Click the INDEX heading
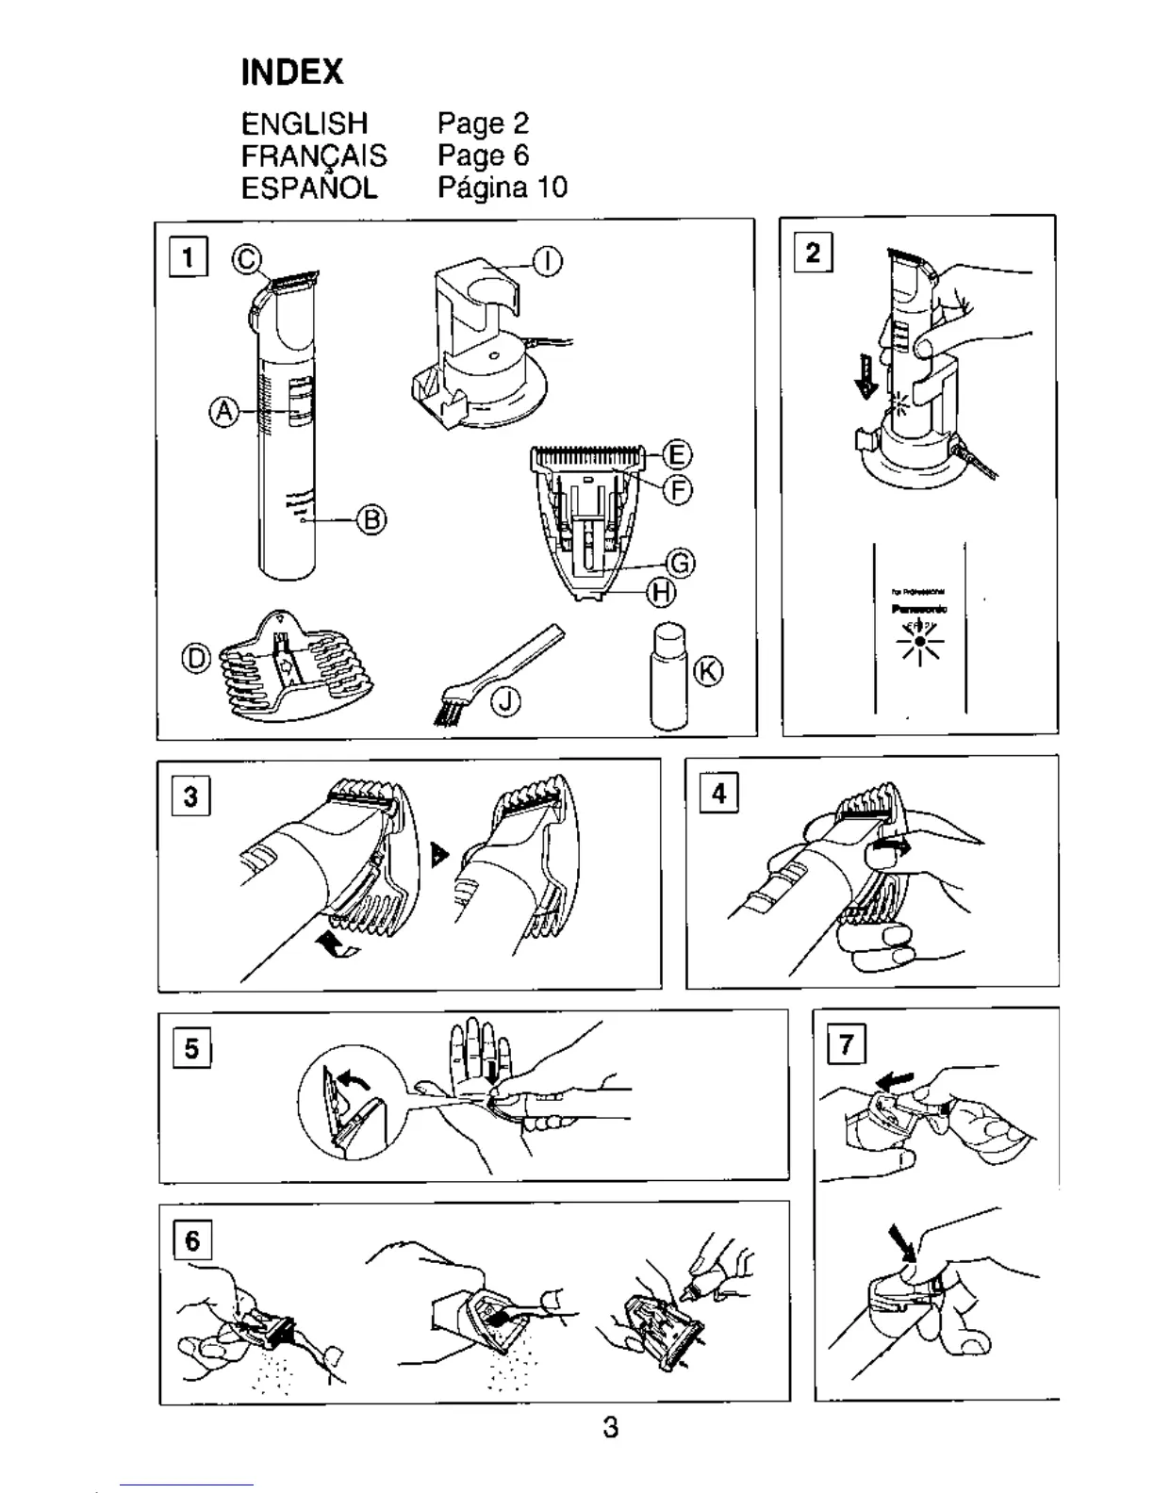coord(292,72)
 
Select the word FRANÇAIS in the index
coord(313,156)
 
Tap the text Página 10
coord(503,188)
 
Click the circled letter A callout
coord(223,412)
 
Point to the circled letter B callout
coord(371,519)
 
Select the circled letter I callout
coord(549,261)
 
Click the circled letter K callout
coord(709,672)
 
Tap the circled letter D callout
coord(196,658)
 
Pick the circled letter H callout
coord(660,593)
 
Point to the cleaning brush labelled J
coord(495,674)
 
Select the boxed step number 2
coord(813,253)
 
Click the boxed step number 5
coord(191,1048)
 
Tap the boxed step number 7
coord(846,1044)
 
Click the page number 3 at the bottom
coord(611,1427)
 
